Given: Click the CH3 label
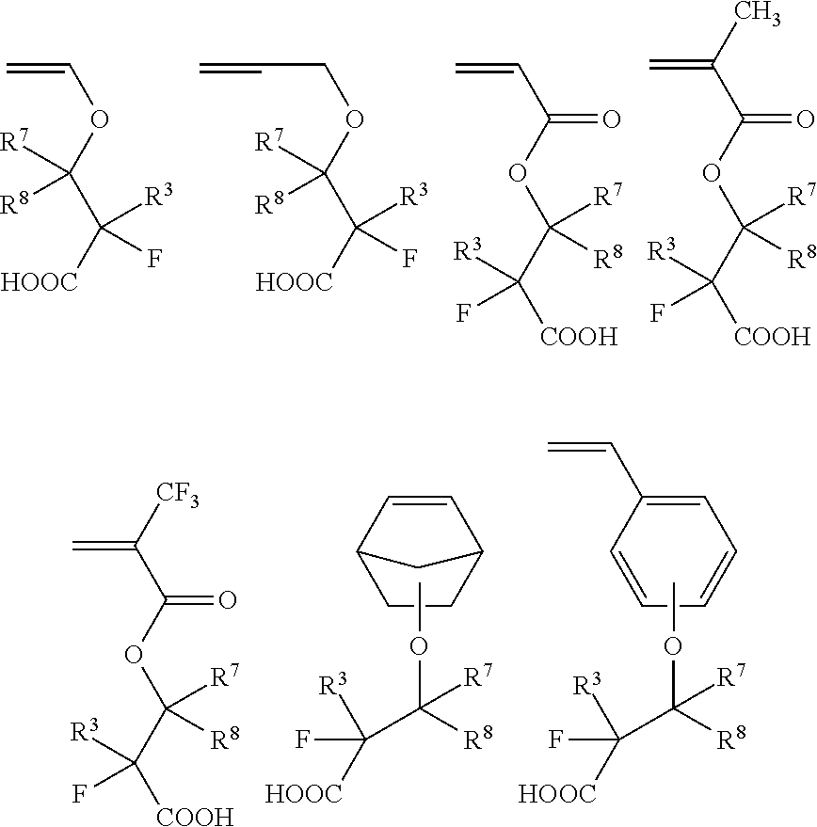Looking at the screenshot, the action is tap(760, 17).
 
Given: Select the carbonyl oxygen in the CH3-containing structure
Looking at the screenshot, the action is tap(803, 119).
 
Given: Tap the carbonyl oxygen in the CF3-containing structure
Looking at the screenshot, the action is tap(227, 599).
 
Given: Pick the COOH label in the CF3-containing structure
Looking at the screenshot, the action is tap(196, 816).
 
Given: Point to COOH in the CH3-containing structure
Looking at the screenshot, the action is tap(771, 336).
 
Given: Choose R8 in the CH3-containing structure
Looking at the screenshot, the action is tap(799, 256).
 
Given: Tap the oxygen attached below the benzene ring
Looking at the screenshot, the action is tap(671, 647).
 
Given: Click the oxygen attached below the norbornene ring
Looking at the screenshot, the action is tap(419, 647).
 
